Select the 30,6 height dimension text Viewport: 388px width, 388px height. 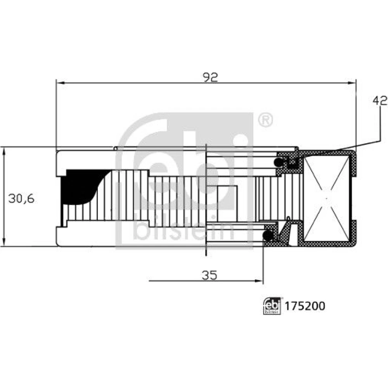pyautogui.click(x=21, y=198)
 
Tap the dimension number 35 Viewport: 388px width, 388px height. pyautogui.click(x=210, y=275)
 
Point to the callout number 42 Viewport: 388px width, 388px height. pyautogui.click(x=380, y=101)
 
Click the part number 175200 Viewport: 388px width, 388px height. pyautogui.click(x=305, y=306)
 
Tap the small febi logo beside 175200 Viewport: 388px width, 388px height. pyautogui.click(x=272, y=306)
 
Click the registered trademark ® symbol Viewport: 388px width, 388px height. pyautogui.click(x=265, y=120)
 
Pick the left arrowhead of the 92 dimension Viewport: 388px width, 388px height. pyautogui.click(x=61, y=83)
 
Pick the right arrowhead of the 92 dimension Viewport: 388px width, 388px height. pyautogui.click(x=352, y=83)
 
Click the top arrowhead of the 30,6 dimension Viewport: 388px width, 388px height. pyautogui.click(x=4, y=151)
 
